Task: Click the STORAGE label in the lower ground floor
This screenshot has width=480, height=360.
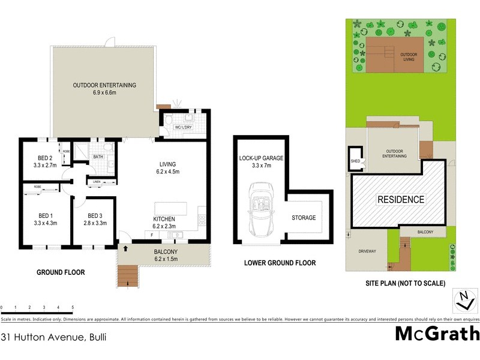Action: click(x=304, y=218)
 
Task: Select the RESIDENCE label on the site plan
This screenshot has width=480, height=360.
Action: click(x=400, y=199)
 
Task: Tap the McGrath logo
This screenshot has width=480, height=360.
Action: click(x=437, y=334)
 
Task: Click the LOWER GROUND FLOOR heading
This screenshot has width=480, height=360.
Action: click(x=280, y=263)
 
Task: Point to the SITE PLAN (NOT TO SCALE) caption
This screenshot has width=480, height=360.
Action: click(x=405, y=283)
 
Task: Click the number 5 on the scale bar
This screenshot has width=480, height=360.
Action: click(x=73, y=307)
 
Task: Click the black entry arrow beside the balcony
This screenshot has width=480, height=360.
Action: click(x=125, y=247)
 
